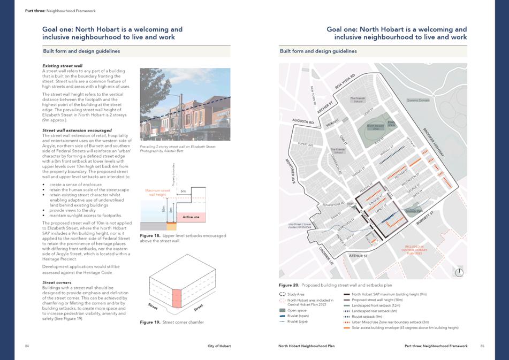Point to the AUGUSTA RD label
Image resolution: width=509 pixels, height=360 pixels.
coord(302,122)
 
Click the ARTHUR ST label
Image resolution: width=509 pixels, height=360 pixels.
coord(359,256)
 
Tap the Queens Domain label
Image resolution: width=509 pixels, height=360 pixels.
coord(418,100)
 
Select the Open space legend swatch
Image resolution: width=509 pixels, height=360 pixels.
coord(283,310)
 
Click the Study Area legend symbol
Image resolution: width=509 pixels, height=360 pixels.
coord(283,294)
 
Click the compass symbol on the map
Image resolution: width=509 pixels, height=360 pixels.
coord(458,272)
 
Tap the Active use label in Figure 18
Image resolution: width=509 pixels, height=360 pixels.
coord(191,217)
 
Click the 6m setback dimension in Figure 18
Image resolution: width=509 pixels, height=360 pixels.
coord(183,190)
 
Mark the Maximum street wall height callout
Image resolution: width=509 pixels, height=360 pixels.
coord(158,192)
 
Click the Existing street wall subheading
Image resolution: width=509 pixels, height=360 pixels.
coord(62,66)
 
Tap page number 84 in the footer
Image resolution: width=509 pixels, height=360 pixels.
coord(27,346)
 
